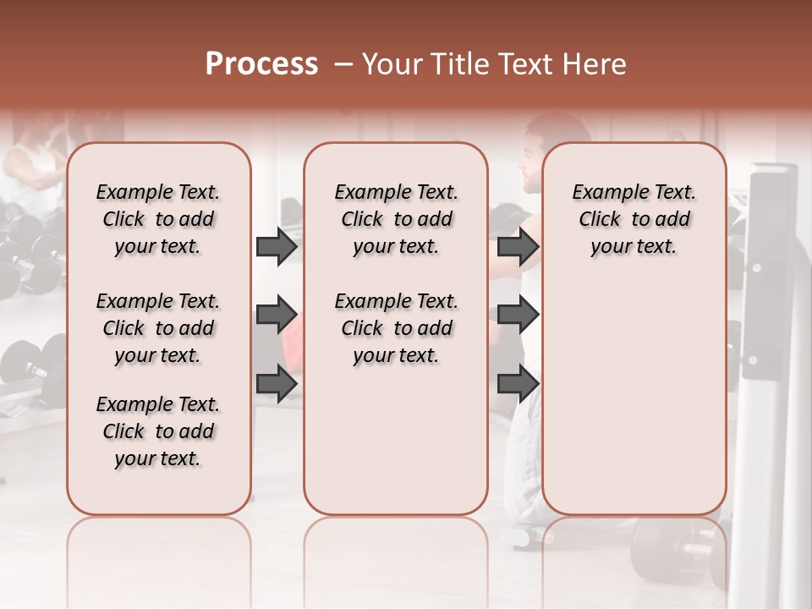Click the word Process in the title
[x=261, y=64]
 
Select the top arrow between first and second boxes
[x=277, y=247]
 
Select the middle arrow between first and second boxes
[x=277, y=315]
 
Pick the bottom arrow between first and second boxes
[x=277, y=383]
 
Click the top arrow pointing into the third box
[x=518, y=247]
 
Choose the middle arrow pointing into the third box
[x=518, y=315]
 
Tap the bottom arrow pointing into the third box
[x=518, y=383]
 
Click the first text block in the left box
[x=158, y=219]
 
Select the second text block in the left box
[x=158, y=328]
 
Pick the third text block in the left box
[x=158, y=431]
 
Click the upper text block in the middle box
[x=397, y=219]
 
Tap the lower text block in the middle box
[x=397, y=328]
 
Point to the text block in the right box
[x=634, y=219]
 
